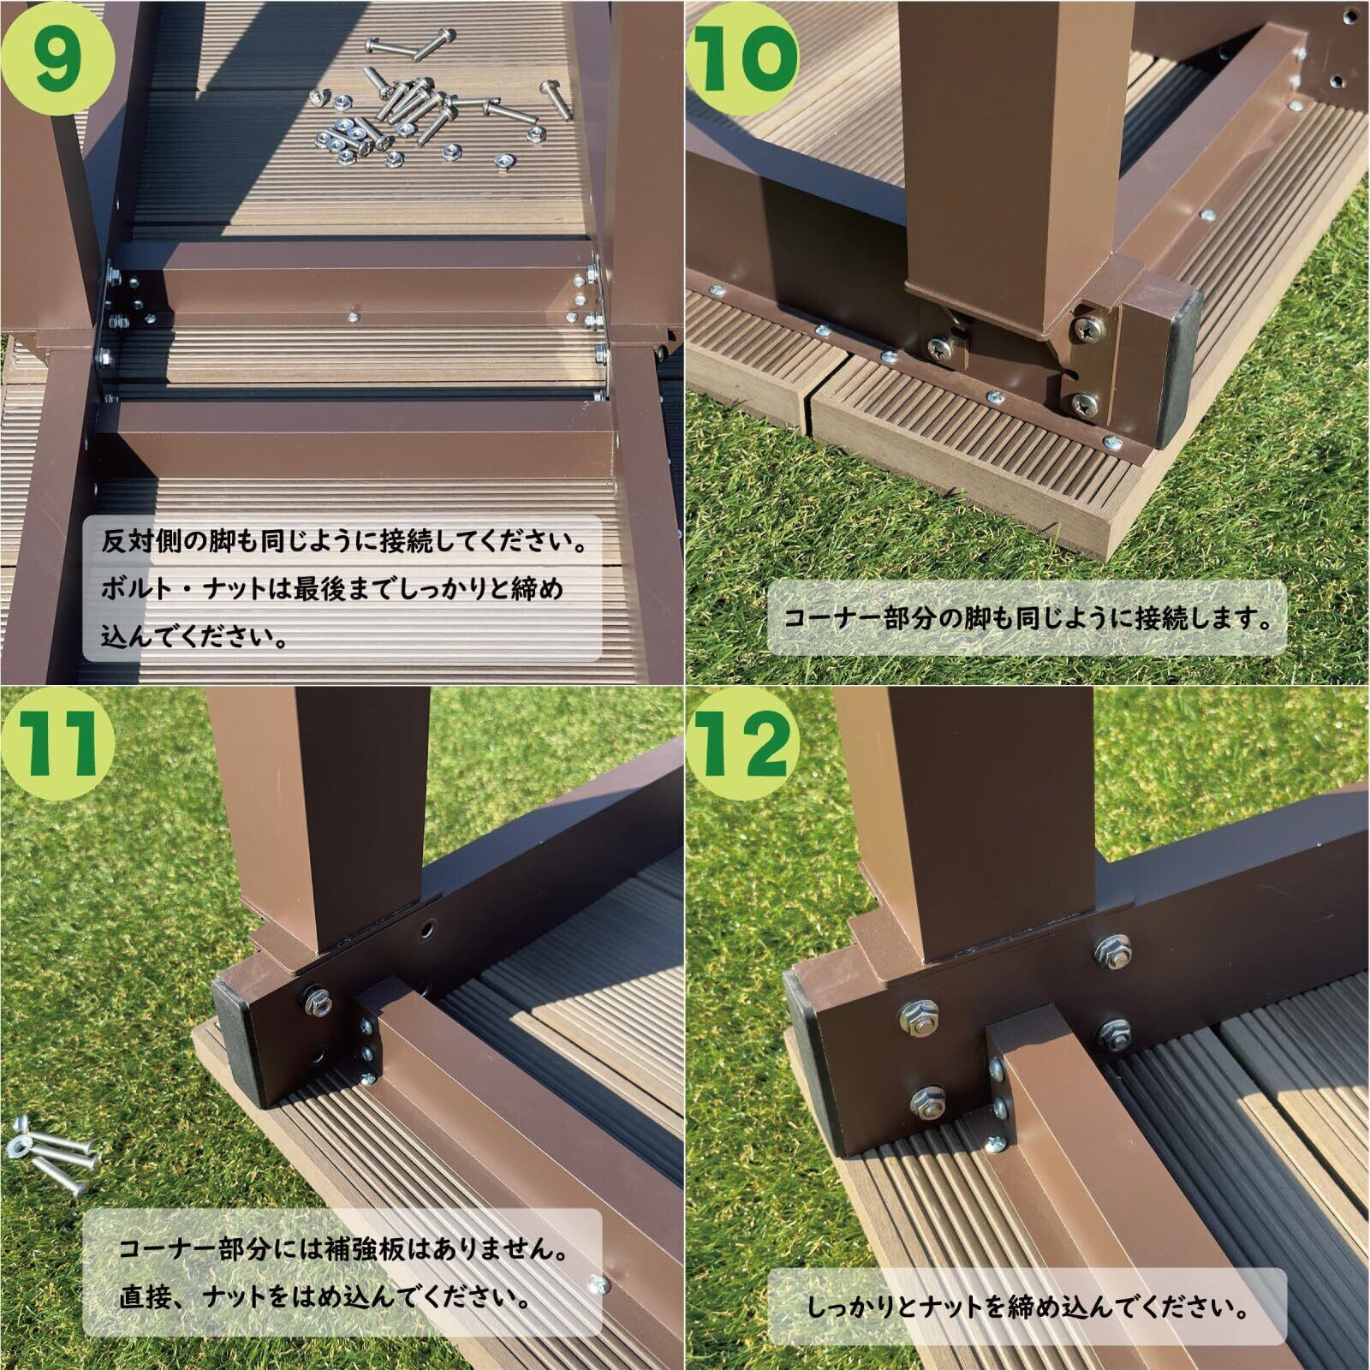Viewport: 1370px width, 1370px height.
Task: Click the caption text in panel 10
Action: [1027, 618]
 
